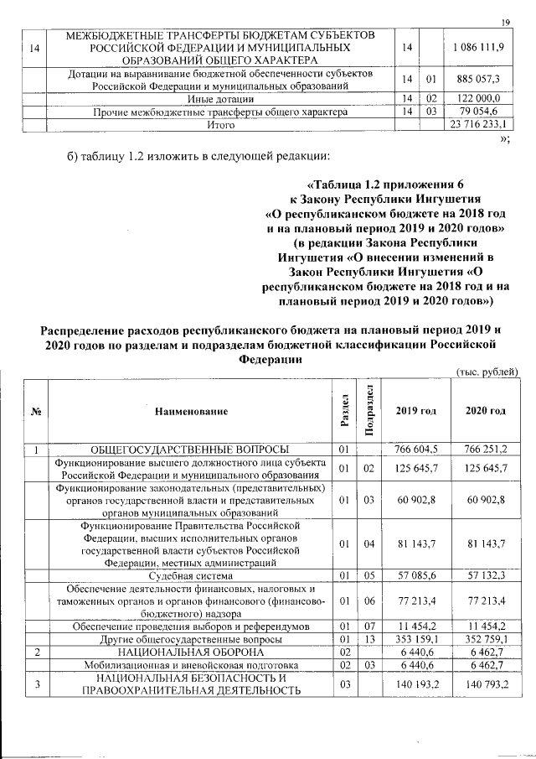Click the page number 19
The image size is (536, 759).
coord(506,22)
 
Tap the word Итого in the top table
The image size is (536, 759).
coord(220,125)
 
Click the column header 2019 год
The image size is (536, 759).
coord(415,411)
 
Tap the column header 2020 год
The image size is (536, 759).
coord(485,411)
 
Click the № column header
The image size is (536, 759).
coord(36,411)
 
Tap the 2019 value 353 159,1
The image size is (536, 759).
coord(415,638)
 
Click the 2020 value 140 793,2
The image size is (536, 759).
coord(485,684)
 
